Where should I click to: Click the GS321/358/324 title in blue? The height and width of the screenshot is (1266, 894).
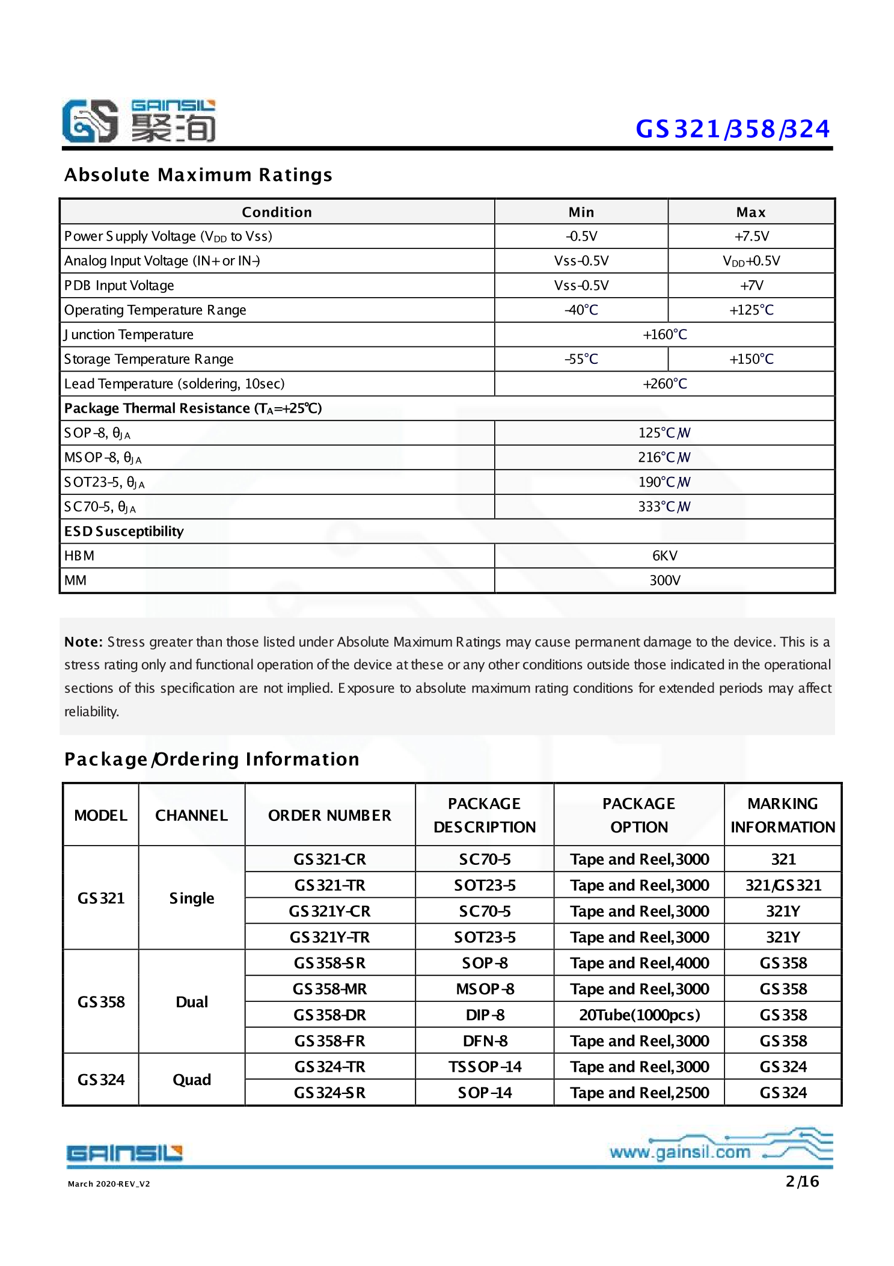click(x=732, y=129)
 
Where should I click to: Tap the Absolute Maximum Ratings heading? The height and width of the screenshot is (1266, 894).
click(x=198, y=175)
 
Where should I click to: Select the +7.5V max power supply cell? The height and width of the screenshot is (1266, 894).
click(x=752, y=236)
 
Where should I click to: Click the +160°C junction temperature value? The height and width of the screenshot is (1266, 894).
click(x=664, y=334)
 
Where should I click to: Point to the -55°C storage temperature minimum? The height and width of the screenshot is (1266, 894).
click(x=581, y=359)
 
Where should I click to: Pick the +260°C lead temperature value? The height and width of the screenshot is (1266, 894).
click(x=664, y=384)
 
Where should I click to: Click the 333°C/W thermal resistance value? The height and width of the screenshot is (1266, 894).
click(x=664, y=506)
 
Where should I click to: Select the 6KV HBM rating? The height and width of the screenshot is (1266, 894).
click(x=664, y=556)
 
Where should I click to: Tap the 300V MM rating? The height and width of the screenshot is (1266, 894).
click(x=664, y=580)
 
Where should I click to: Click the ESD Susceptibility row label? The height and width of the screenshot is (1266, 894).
click(x=124, y=531)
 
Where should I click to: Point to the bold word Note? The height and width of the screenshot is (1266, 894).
click(x=84, y=642)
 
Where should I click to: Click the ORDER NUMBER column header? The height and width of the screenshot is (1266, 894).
click(x=329, y=816)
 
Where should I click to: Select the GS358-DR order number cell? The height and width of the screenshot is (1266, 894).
click(x=329, y=1015)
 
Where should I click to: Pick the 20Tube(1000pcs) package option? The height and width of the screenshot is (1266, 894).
click(x=639, y=1015)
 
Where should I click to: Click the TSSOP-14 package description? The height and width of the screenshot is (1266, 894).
click(x=485, y=1067)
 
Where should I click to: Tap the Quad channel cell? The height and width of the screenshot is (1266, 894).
click(x=191, y=1080)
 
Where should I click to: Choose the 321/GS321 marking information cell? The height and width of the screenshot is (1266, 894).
click(x=783, y=885)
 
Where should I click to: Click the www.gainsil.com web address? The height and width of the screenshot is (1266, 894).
click(x=680, y=1152)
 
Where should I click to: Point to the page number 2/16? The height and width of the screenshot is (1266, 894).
click(x=802, y=1181)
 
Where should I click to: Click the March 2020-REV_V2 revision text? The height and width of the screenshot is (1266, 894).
click(x=109, y=1184)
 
